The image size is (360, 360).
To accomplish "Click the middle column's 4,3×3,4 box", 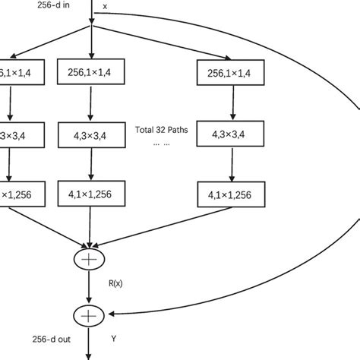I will click(92, 136).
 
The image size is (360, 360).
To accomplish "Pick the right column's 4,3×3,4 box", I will click(229, 136).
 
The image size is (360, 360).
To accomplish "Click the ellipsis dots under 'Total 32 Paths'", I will click(160, 143).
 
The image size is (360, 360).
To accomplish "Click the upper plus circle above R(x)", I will click(92, 259).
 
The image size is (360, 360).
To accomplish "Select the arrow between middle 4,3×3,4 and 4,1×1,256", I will click(92, 163).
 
